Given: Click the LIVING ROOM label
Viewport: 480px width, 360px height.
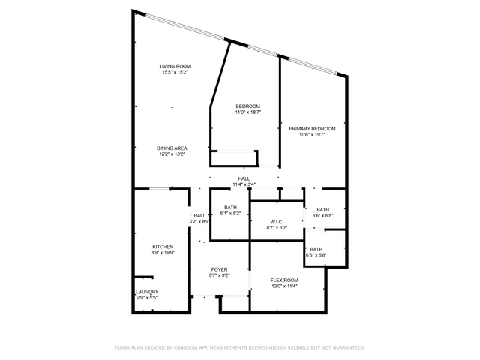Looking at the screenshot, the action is [175, 66].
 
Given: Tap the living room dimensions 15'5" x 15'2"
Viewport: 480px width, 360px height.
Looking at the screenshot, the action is [175, 72].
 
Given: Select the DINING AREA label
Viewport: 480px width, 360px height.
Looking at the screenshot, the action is [172, 148].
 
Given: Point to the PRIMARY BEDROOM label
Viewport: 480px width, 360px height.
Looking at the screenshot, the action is [312, 129].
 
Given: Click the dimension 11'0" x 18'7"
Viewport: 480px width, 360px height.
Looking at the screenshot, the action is [248, 112].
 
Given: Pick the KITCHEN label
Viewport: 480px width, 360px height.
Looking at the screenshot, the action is [163, 247].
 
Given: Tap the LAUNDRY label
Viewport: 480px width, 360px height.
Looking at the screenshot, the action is [147, 292].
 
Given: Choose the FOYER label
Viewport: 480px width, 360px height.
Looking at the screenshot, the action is [220, 269].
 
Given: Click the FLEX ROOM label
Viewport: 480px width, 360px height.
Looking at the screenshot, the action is [284, 280].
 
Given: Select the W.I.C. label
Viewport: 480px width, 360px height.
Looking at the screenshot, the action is [277, 222].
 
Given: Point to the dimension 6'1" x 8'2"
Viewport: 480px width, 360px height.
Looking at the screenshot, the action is [230, 214].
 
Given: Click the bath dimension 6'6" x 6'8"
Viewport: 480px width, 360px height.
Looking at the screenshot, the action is [323, 215].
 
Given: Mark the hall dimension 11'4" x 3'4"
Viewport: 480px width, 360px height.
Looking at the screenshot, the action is [244, 184].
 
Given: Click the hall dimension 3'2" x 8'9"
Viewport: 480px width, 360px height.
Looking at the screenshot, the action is [199, 222].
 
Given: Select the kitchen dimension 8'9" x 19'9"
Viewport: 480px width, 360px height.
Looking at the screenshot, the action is [163, 253].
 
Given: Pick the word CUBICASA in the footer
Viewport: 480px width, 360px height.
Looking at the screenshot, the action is [187, 348].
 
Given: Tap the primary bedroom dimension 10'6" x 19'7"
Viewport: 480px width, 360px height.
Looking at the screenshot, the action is [312, 135].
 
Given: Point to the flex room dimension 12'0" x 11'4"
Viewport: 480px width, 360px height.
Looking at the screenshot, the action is [284, 286].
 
